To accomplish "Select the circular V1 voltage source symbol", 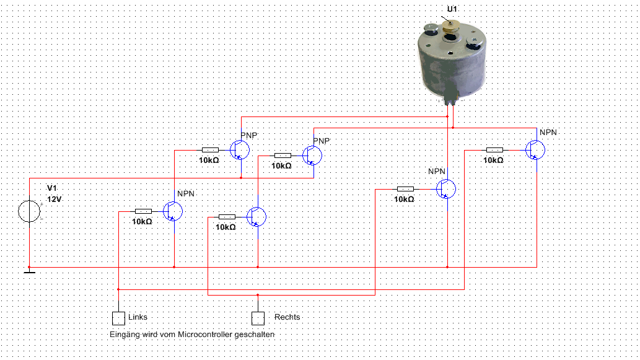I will [x=29, y=211].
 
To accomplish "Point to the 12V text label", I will [x=56, y=200].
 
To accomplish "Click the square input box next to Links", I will [x=118, y=318].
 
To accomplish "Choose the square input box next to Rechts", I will [x=258, y=318].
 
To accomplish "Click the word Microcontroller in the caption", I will [x=204, y=335].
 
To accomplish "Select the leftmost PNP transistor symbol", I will [x=240, y=149].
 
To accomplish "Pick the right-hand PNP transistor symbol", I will [x=312, y=155].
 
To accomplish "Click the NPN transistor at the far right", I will [x=536, y=149].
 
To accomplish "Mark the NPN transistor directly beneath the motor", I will [x=446, y=188].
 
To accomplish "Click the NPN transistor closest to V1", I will [x=173, y=211].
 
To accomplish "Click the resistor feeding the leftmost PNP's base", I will [x=210, y=149].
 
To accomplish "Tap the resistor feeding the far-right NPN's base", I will [x=494, y=149].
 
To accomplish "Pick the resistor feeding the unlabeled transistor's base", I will [x=227, y=217].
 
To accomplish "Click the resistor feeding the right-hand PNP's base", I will [x=283, y=156].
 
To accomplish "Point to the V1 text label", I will [x=52, y=188].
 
